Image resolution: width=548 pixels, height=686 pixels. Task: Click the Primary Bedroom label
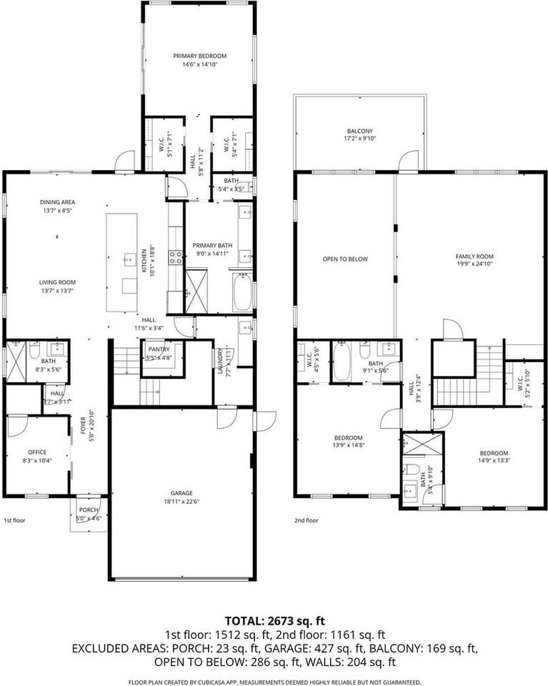click(x=199, y=56)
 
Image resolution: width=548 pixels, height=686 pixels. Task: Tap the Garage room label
click(x=181, y=493)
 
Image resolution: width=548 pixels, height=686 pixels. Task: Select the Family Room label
click(x=475, y=257)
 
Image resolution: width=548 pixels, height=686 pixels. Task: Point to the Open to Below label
click(x=345, y=259)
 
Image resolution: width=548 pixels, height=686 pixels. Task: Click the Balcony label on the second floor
click(x=359, y=131)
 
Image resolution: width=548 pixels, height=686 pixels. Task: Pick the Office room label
click(x=37, y=452)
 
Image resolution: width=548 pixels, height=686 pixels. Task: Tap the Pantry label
click(x=159, y=349)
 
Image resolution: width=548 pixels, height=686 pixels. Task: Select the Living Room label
click(x=56, y=282)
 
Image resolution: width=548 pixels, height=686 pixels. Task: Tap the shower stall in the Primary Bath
click(x=196, y=291)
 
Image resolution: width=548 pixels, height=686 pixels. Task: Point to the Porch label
click(x=88, y=509)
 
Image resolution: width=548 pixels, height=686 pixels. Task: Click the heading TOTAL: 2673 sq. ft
click(x=274, y=620)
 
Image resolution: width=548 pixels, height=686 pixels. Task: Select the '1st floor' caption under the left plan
click(x=14, y=521)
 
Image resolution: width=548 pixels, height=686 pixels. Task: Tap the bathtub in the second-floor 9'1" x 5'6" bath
click(x=340, y=362)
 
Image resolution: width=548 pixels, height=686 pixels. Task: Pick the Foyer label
click(x=83, y=429)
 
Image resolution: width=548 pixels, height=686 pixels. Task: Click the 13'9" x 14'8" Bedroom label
click(x=348, y=437)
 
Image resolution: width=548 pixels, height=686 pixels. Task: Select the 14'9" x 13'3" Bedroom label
click(x=493, y=453)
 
